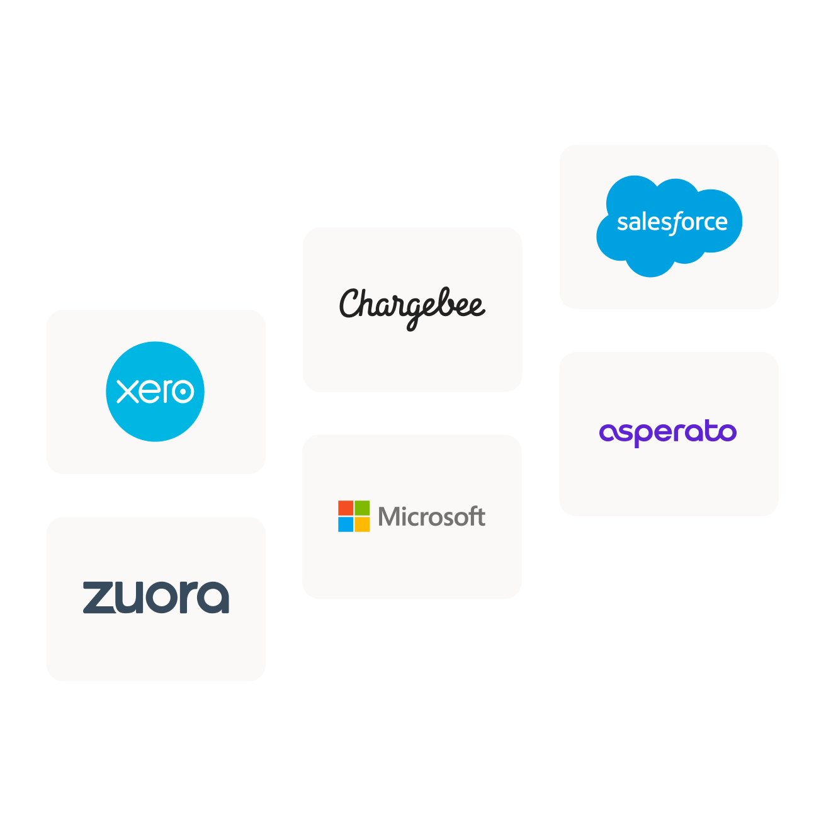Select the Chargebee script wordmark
[412, 307]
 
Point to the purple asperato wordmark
[668, 433]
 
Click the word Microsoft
[431, 517]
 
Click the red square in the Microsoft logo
[346, 508]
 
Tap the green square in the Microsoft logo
[362, 508]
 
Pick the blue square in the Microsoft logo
[346, 524]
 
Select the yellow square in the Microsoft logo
[362, 524]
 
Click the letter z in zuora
[98, 597]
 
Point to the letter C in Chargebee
[351, 303]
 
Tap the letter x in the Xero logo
[128, 392]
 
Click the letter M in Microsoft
[389, 517]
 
